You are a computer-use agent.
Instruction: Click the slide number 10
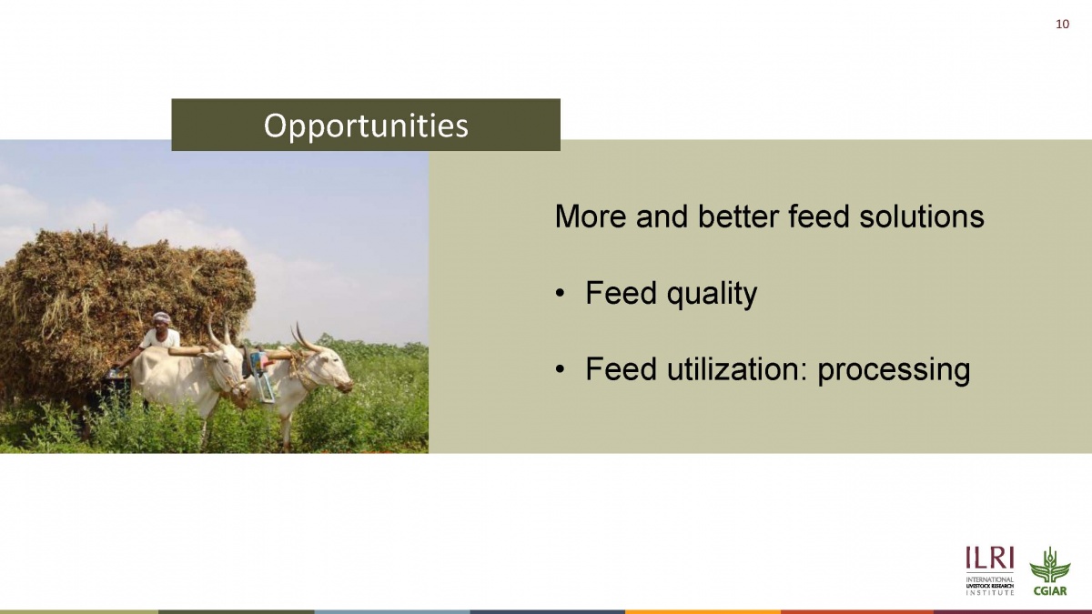tap(1062, 25)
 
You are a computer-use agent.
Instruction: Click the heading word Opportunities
tap(366, 126)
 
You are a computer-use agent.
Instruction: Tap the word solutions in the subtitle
tap(921, 216)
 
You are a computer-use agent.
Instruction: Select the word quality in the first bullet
tap(712, 295)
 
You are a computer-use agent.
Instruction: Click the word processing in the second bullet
tap(894, 371)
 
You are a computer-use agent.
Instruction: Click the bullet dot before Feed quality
tap(561, 294)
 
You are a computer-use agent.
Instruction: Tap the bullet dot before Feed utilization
tap(561, 370)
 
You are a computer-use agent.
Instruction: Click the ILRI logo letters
tap(990, 558)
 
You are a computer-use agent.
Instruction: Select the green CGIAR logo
tap(1049, 571)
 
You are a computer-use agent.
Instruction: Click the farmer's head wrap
tap(161, 317)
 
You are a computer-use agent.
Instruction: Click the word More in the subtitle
tap(591, 216)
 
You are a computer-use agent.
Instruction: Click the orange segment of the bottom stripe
tap(703, 612)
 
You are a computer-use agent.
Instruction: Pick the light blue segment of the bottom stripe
tap(392, 612)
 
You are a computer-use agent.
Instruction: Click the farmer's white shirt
tap(162, 338)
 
